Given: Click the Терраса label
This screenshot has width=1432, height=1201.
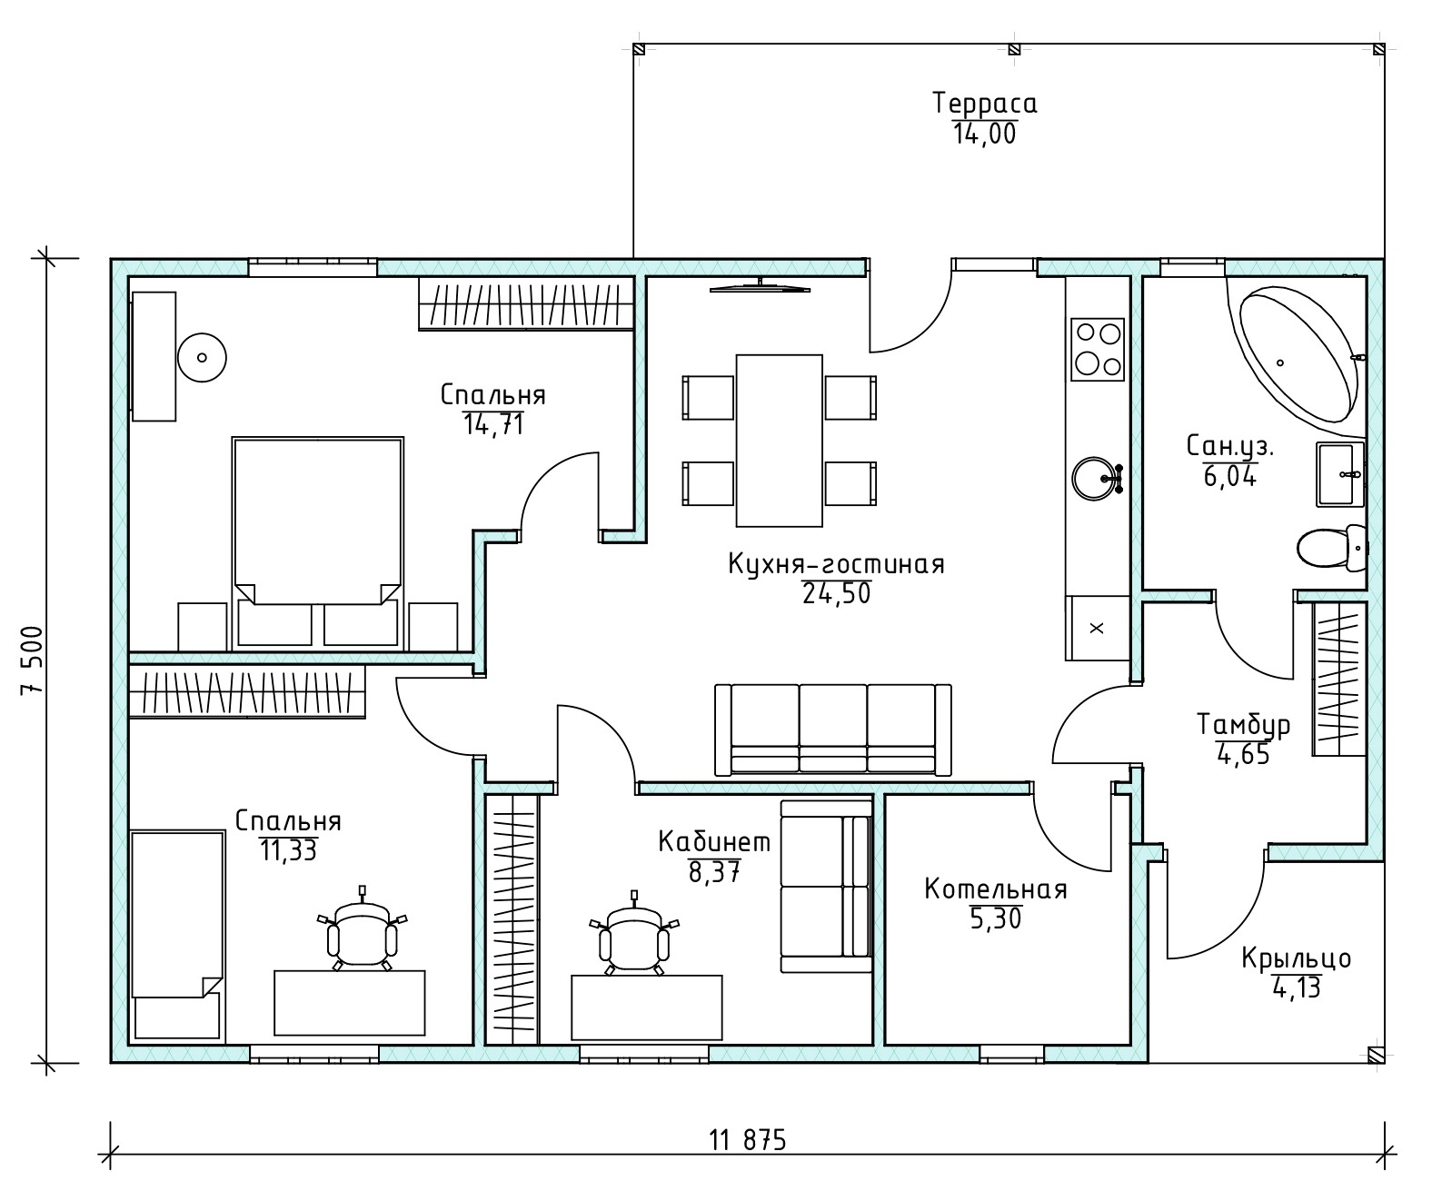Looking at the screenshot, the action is point(985,104).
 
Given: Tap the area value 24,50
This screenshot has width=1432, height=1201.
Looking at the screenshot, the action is point(837,593).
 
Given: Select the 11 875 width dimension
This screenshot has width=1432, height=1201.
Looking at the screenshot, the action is point(748,1140).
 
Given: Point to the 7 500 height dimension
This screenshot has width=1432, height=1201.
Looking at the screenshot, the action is point(33,660).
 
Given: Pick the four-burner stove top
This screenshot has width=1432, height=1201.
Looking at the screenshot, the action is point(1098,349).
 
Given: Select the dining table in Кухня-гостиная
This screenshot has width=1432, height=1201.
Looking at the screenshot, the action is point(779,441).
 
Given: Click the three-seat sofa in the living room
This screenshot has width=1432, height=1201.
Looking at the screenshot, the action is point(832,730).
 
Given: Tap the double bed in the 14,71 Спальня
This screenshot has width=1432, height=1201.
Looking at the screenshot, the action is point(317,541).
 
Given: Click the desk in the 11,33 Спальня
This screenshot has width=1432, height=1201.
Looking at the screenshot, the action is point(349,1002).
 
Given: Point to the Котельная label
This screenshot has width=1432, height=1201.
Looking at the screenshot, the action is point(996,888).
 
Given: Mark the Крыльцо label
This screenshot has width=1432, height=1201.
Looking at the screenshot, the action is point(1297,958).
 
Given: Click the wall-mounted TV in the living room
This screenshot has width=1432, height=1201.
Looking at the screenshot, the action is point(760,287).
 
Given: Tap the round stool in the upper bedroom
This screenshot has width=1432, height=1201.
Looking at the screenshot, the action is point(202,357).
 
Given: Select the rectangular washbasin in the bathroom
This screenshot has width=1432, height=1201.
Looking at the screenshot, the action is point(1340,474).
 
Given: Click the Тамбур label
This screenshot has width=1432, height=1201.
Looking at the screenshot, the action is point(1243,724).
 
